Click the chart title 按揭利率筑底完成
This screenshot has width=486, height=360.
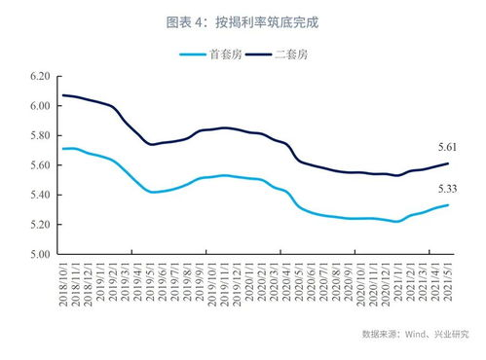(244, 20)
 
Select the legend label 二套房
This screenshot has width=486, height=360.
(291, 55)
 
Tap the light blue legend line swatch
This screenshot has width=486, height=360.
(192, 55)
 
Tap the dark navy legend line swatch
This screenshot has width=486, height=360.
(260, 55)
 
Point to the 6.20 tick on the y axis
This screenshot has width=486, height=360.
(40, 76)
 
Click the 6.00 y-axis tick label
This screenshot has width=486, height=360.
(40, 106)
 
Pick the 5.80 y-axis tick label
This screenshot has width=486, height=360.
(40, 136)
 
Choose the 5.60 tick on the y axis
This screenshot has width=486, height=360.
(40, 165)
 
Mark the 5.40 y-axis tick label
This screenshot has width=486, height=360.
(40, 196)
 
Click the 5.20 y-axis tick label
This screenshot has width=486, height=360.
(40, 226)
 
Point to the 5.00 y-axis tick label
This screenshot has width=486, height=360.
(40, 255)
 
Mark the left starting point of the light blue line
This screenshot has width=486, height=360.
(62, 149)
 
